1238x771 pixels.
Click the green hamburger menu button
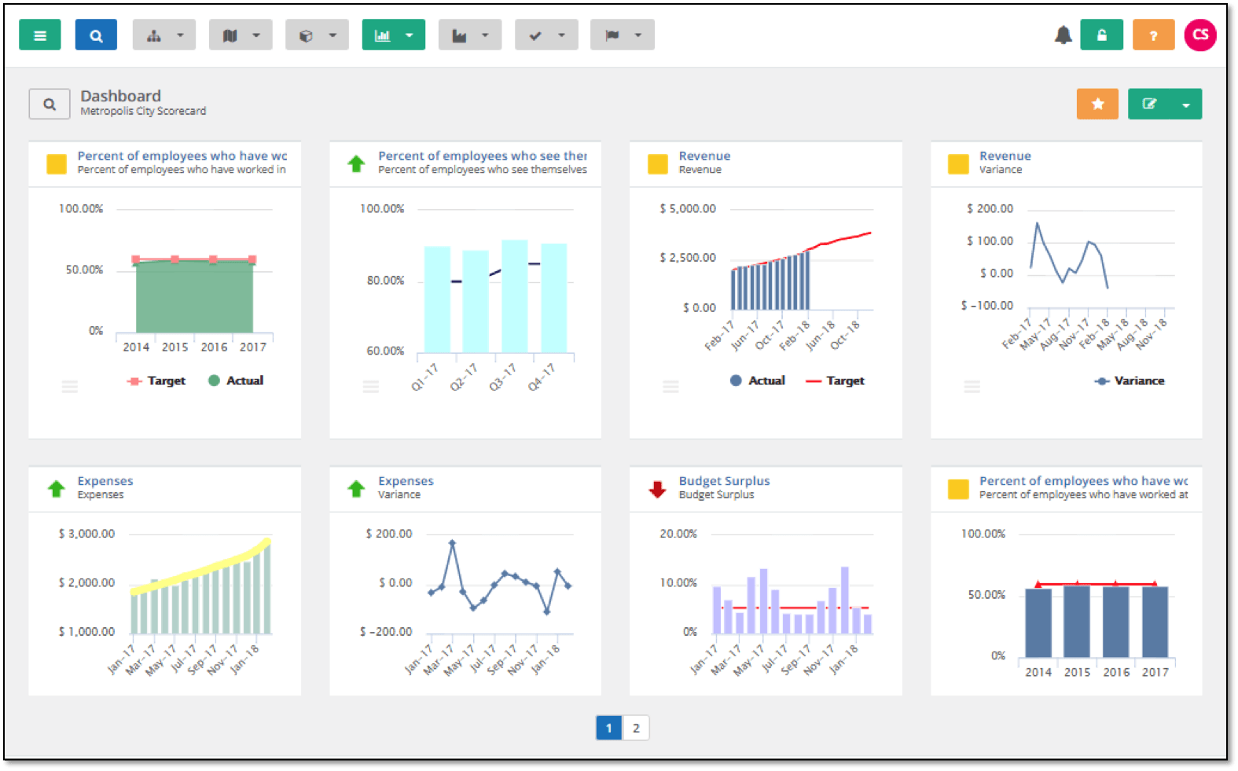click(40, 35)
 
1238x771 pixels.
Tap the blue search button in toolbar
click(96, 35)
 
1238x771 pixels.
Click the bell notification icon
click(1063, 35)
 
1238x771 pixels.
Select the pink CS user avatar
click(1200, 35)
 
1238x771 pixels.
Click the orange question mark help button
click(1153, 35)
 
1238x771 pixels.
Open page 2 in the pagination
click(636, 728)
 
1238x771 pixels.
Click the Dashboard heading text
click(120, 96)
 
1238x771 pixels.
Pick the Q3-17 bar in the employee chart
click(515, 296)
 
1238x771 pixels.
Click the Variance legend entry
click(1139, 381)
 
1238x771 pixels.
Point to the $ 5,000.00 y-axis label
click(688, 209)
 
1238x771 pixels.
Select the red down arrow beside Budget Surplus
click(657, 489)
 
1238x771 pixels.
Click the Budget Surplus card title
click(724, 481)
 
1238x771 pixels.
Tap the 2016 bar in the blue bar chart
click(1115, 622)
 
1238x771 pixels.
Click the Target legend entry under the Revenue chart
click(844, 381)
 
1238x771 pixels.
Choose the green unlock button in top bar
click(1101, 35)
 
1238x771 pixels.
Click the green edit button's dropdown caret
click(1186, 105)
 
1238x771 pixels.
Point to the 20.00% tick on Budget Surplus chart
click(678, 534)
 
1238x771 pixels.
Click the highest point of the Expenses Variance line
click(452, 542)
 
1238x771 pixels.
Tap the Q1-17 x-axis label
click(424, 377)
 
